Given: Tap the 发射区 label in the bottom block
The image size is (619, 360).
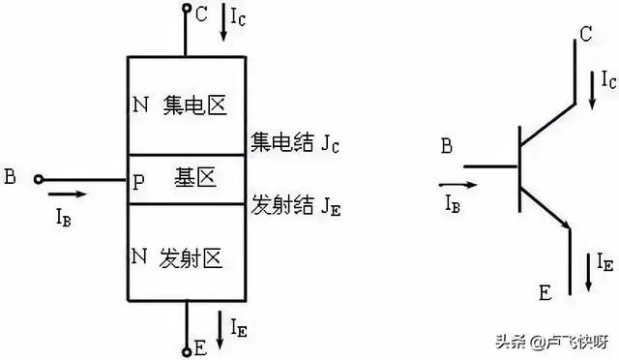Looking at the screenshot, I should (196, 257).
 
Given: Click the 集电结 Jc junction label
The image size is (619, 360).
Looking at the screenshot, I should (294, 144).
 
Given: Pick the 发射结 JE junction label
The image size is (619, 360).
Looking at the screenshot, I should (295, 206).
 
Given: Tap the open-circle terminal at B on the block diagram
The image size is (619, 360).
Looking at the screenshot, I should (38, 178).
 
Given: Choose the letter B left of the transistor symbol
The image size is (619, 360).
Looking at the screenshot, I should (446, 147).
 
